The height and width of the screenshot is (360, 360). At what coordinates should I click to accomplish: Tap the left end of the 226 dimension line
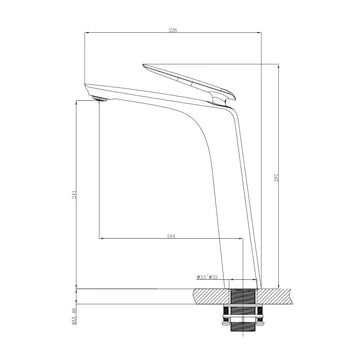click(83, 34)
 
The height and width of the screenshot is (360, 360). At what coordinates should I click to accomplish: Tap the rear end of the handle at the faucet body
click(228, 97)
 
